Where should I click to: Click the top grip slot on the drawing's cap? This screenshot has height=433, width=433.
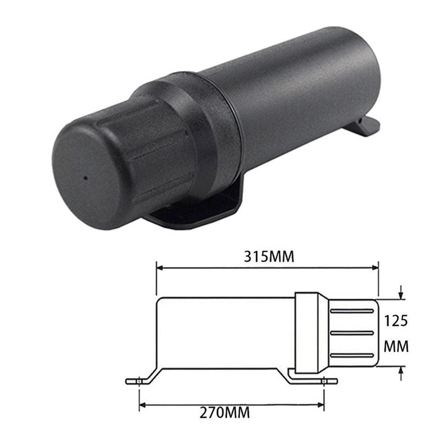coord(352,311)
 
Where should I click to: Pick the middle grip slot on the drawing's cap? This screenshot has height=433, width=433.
coord(352,332)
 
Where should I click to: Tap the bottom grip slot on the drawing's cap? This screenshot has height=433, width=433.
coord(352,355)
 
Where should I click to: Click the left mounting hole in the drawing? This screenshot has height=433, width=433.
coord(140,382)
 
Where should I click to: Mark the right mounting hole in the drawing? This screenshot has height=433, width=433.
coord(324,382)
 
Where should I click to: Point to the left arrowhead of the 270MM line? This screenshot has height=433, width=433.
coord(143,404)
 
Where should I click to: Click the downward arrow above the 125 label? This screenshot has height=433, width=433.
coord(401,294)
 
